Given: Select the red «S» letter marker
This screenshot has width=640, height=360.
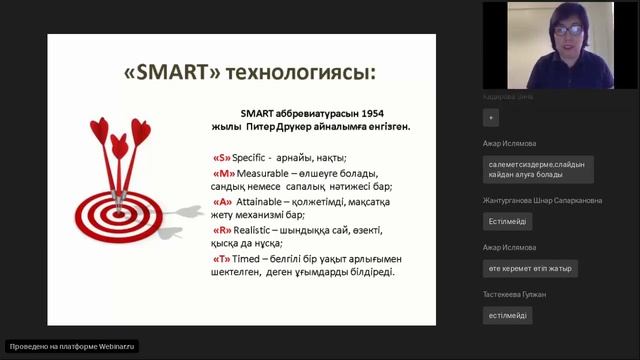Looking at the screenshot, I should coord(222,158).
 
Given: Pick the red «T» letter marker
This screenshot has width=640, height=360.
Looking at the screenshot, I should coord(222,257).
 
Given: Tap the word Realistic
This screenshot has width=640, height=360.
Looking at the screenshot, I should coord(259,229).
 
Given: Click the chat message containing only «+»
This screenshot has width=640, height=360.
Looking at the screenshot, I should coord(490,118).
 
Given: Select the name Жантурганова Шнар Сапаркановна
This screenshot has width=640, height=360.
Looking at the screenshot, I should coord(542,200).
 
